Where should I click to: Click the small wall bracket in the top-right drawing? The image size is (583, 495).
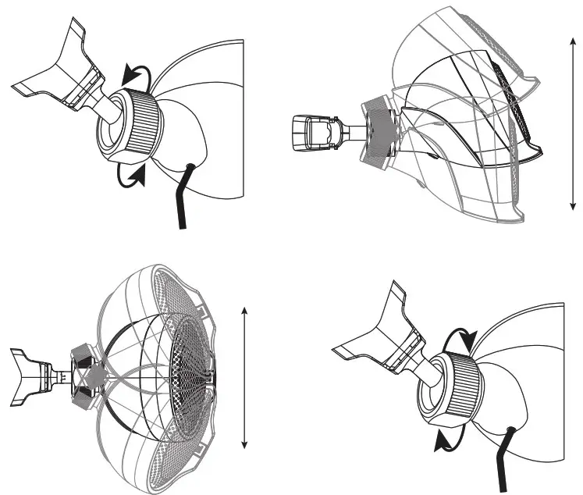[312, 134]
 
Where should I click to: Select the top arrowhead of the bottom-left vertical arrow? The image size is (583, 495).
[245, 311]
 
